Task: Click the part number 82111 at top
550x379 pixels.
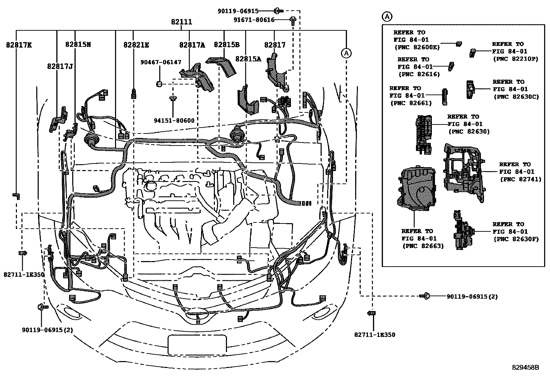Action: [x=181, y=22]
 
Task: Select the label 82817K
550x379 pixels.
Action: [x=19, y=45]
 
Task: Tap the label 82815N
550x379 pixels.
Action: [x=78, y=44]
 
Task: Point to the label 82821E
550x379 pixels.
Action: [x=136, y=45]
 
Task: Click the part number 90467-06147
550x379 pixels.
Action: [x=161, y=62]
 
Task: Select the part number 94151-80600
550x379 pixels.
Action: [x=174, y=120]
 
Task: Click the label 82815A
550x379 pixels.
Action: [x=248, y=59]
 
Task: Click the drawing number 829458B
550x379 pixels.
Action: [x=525, y=368]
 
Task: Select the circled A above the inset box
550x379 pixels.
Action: [x=387, y=16]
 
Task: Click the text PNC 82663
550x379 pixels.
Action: [x=423, y=246]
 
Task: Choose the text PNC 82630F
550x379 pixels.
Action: [x=516, y=239]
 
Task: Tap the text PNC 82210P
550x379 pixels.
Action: [x=515, y=59]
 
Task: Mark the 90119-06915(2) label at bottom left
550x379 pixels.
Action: [x=48, y=330]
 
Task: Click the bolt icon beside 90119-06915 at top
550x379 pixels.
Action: [x=278, y=11]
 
